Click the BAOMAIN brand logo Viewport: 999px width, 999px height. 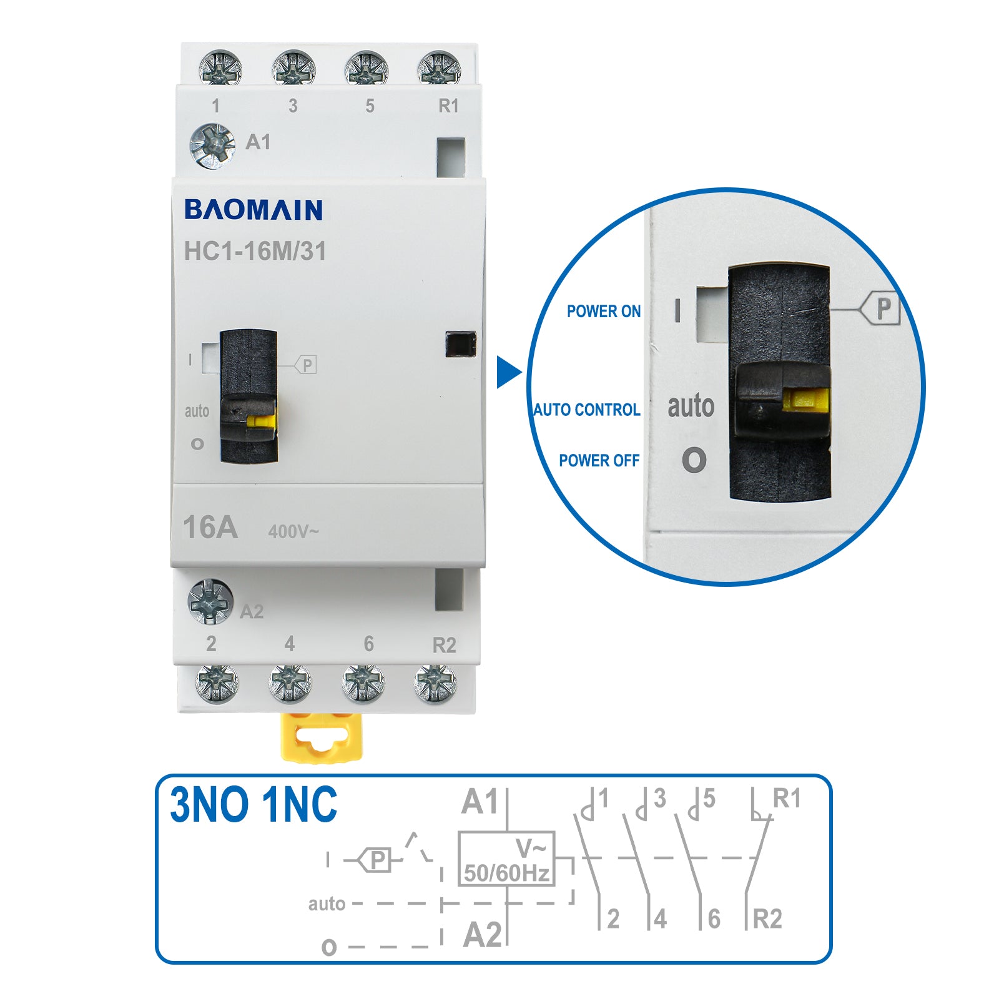click(x=253, y=210)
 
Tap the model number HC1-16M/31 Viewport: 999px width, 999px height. click(x=255, y=251)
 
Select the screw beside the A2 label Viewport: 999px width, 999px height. click(x=210, y=601)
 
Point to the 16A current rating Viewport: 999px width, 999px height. click(x=210, y=528)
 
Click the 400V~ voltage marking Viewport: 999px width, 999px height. click(x=293, y=531)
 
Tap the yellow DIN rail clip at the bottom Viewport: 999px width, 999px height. click(x=322, y=737)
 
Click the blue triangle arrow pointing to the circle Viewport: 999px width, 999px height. click(x=508, y=372)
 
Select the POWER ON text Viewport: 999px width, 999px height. click(x=603, y=311)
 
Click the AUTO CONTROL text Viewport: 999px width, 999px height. click(x=586, y=410)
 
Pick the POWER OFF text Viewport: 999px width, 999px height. click(x=599, y=460)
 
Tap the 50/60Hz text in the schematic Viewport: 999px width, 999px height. click(x=506, y=872)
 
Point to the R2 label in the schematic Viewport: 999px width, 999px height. click(x=767, y=919)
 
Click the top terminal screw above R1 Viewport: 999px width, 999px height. click(x=439, y=68)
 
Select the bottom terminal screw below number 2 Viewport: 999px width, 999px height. click(x=217, y=683)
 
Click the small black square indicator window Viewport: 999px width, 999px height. click(x=460, y=344)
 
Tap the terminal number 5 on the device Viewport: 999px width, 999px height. click(x=370, y=106)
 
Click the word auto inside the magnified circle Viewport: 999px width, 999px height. click(x=691, y=406)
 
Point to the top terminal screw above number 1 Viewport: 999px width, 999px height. click(x=220, y=68)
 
